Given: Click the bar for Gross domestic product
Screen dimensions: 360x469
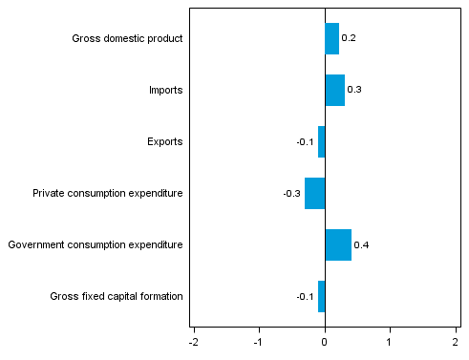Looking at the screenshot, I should tap(331, 39).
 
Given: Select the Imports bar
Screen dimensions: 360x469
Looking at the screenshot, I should tap(334, 90).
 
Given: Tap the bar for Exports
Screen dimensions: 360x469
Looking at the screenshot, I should tap(321, 141).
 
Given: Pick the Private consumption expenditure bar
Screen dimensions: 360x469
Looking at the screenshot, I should tap(314, 193).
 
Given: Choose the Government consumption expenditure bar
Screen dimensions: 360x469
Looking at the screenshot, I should tap(338, 244).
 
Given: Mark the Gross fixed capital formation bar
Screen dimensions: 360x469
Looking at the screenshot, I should tap(321, 296).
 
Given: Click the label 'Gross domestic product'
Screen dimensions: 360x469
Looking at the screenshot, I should tap(127, 39).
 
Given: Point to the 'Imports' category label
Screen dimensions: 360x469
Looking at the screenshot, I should tap(165, 90).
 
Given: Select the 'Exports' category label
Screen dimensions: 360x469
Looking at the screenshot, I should tap(164, 141).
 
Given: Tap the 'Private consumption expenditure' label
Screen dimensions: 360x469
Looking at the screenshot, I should tap(107, 193).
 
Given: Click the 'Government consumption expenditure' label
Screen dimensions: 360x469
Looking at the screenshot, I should tap(95, 244).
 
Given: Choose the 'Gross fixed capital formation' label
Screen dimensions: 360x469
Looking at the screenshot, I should tap(116, 296).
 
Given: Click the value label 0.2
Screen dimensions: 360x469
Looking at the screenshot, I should tap(349, 38).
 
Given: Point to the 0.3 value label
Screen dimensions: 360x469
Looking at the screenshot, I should tap(354, 90).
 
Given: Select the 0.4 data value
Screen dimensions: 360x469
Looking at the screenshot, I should tap(361, 245).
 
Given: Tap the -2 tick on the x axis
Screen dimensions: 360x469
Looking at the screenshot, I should tap(194, 341).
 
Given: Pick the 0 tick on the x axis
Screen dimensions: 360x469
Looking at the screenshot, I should tap(325, 341).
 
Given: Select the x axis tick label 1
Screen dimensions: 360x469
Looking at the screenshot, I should tap(390, 341).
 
